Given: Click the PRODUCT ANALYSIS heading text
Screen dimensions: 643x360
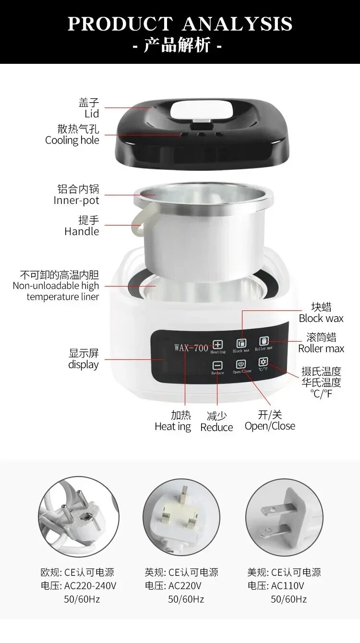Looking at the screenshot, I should pos(180,23).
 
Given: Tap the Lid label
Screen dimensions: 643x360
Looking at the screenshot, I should pos(91,114).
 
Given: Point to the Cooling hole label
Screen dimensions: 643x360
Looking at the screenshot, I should pos(72,140).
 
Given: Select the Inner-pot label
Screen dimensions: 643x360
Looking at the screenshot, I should pos(76,200).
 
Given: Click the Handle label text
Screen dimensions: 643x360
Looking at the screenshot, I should pos(82,231).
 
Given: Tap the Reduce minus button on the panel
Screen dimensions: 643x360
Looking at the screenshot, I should pos(217,366).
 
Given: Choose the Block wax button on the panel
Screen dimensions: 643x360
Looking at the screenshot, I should pos(241,344).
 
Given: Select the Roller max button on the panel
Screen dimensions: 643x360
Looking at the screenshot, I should pos(264,341).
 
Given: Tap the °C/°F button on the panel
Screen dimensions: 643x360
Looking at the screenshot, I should pos(263,362).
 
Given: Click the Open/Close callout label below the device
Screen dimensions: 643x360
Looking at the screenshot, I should pos(270,426).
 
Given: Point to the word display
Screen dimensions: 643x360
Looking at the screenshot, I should pos(84,365).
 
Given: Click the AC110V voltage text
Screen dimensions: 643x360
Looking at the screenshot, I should pos(288,585).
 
